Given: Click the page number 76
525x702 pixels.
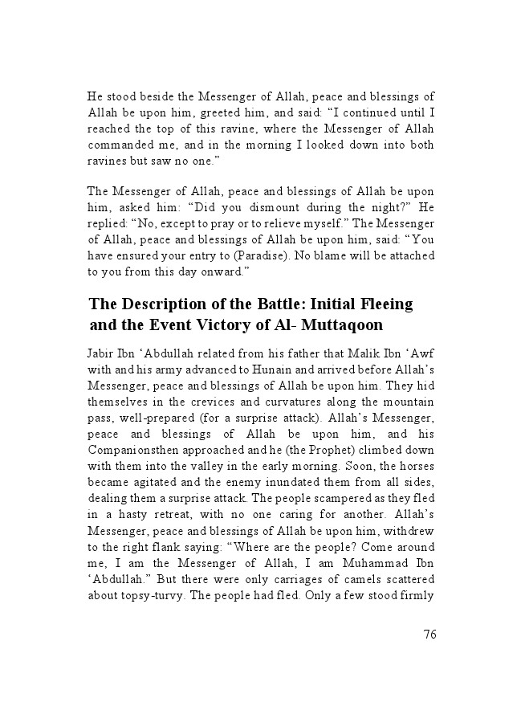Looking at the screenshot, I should tap(429, 635).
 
